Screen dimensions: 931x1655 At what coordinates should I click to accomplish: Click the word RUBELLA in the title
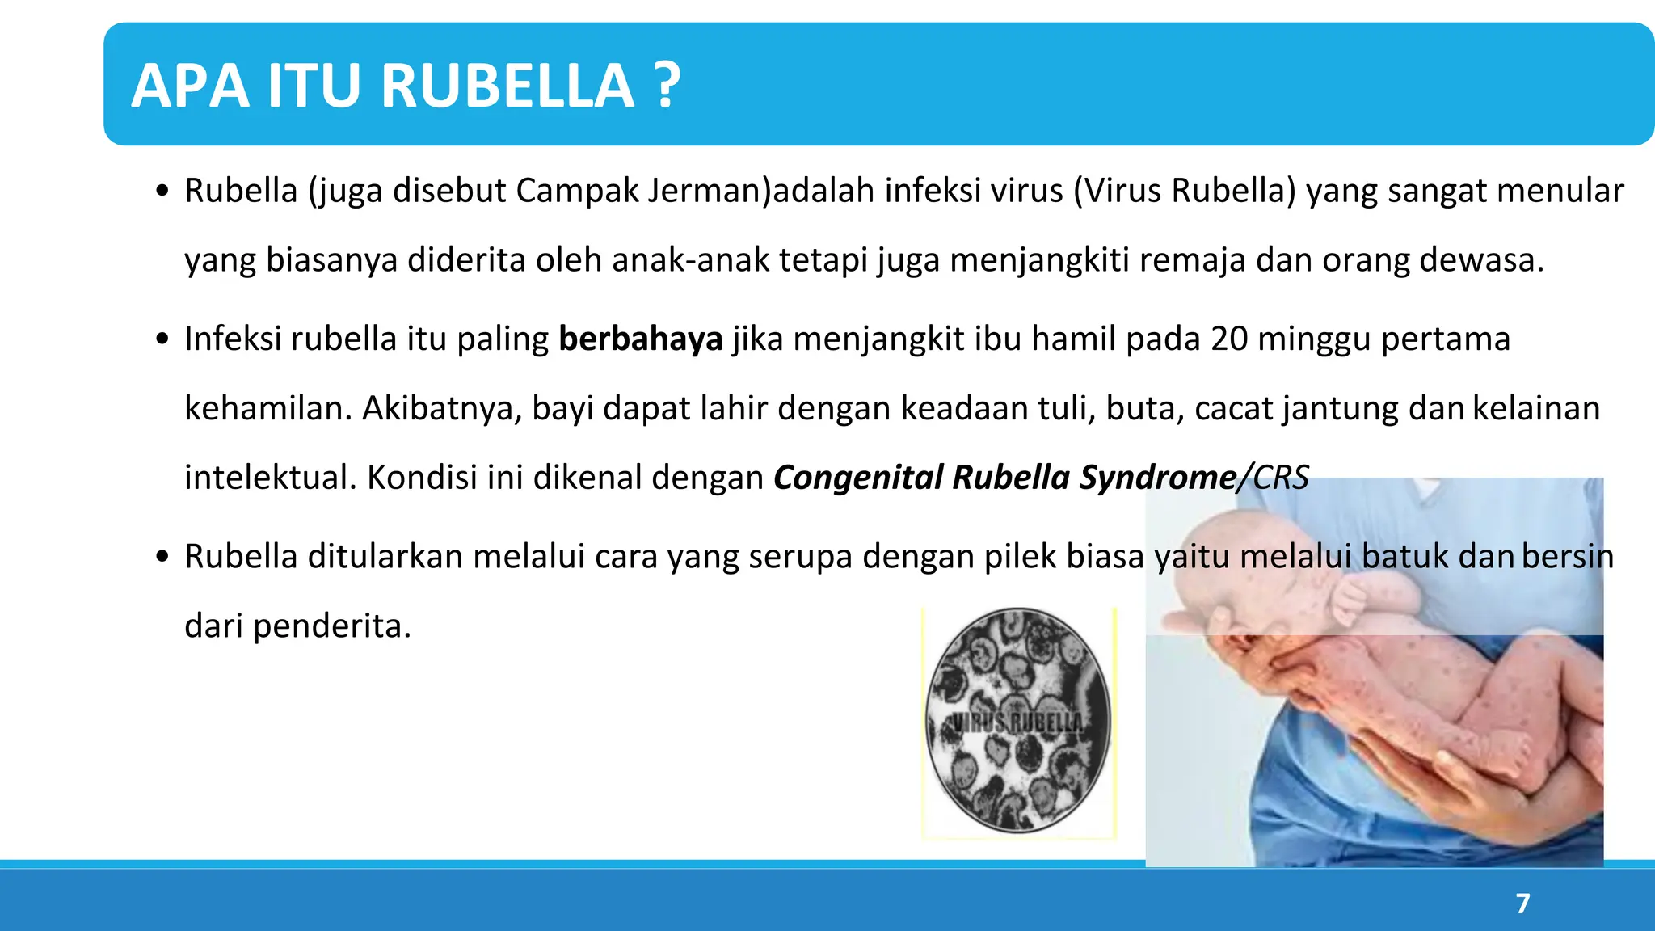pos(507,86)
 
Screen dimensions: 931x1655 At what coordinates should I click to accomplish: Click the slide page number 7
pos(1522,903)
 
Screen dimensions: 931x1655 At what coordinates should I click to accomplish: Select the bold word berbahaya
pos(640,339)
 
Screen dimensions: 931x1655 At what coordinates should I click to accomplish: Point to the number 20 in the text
pos(1229,339)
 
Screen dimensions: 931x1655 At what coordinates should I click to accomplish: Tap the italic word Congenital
pos(858,478)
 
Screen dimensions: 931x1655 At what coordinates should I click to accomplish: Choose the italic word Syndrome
pos(1158,478)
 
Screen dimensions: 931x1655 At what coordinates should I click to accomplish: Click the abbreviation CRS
pos(1281,478)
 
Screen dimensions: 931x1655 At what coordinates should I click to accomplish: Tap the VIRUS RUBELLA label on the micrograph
pos(1017,722)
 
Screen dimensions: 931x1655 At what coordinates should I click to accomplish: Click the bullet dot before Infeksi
pos(163,339)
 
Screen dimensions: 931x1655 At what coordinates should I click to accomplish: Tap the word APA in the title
pos(191,86)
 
